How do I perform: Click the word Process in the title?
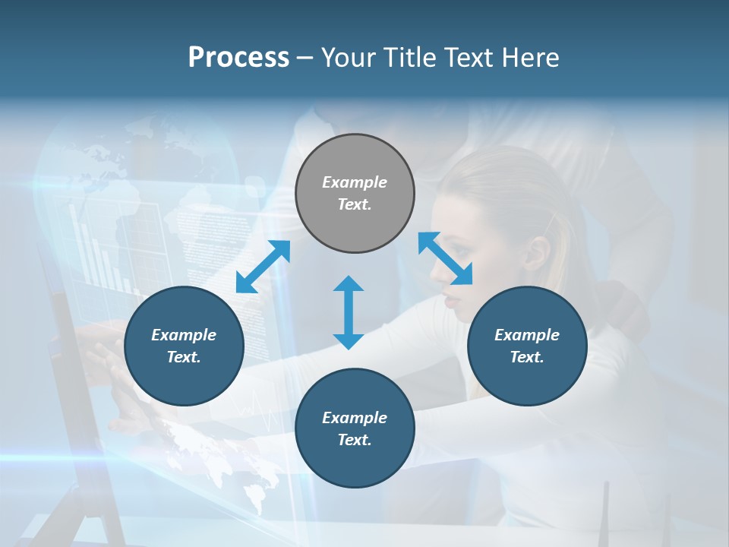(238, 58)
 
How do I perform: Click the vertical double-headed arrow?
(349, 313)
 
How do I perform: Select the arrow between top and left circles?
(263, 266)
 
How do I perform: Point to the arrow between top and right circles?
(445, 258)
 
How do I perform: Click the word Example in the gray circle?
(355, 182)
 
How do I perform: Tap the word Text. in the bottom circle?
(355, 440)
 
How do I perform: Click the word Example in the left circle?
(184, 335)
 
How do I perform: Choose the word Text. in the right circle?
(527, 357)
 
